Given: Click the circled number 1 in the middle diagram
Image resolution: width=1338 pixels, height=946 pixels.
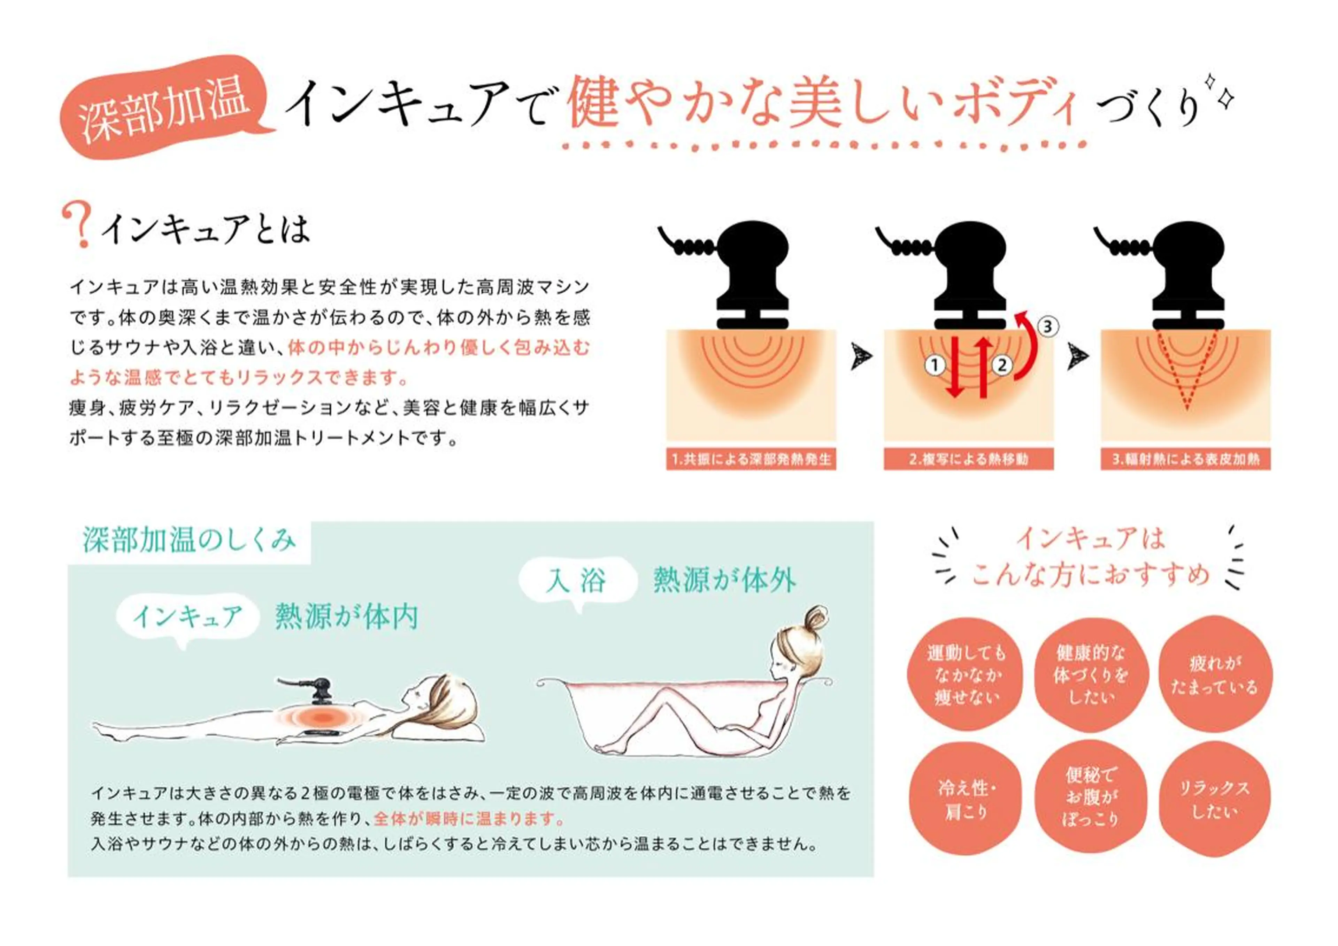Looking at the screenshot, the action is [x=935, y=365].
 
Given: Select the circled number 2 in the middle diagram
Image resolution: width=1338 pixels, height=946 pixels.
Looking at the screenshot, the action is [x=1002, y=365].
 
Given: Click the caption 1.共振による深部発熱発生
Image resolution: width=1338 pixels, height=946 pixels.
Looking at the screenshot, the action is [x=751, y=460].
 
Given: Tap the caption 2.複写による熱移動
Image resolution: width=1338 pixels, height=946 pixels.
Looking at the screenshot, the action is [x=968, y=460].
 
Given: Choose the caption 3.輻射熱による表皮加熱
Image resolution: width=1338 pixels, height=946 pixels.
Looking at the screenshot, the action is [x=1186, y=460].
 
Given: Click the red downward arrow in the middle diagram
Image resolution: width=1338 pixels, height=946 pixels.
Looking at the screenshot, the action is [x=954, y=367].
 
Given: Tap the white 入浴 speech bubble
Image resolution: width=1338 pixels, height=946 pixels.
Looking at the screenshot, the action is [x=577, y=581].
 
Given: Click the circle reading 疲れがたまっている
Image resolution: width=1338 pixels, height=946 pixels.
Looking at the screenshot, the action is [x=1214, y=675].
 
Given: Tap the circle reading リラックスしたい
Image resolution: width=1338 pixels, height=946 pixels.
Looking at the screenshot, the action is [x=1214, y=799].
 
